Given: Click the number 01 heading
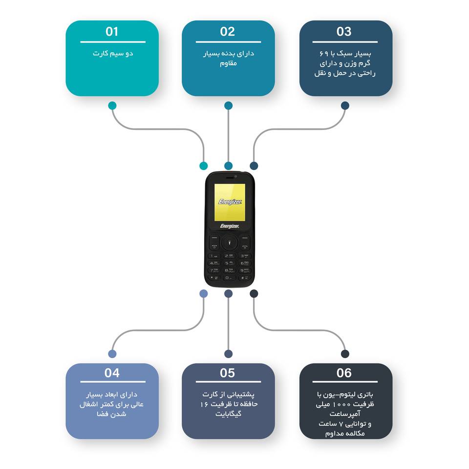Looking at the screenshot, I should click(112, 32).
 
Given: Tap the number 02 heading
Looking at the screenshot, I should click(228, 32).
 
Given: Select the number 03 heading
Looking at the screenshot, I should click(344, 32).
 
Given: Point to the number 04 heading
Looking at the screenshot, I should click(112, 373).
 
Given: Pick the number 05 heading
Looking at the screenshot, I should click(228, 373).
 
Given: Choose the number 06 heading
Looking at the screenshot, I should click(344, 373).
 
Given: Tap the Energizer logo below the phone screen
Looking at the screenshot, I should click(229, 226).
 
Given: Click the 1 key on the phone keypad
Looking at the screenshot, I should click(214, 256).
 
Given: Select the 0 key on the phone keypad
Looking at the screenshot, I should click(229, 278).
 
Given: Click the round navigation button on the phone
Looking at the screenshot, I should click(229, 242).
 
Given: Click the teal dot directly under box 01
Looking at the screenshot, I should click(112, 106).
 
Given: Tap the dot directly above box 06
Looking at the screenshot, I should click(345, 354).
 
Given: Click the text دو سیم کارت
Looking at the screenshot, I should click(112, 53).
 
